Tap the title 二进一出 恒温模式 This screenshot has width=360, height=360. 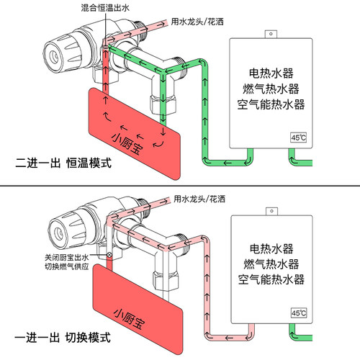[64, 163]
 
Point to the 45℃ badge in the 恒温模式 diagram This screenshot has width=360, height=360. [298, 138]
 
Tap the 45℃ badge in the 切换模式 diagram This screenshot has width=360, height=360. [298, 313]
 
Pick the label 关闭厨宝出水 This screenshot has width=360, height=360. [64, 257]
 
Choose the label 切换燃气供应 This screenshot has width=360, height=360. [64, 267]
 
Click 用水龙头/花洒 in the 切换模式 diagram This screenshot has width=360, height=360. [199, 197]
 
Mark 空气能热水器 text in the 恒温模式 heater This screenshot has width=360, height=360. [271, 104]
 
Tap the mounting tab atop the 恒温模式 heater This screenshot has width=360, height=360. [271, 34]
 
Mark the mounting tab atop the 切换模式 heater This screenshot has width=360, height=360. [271, 211]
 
